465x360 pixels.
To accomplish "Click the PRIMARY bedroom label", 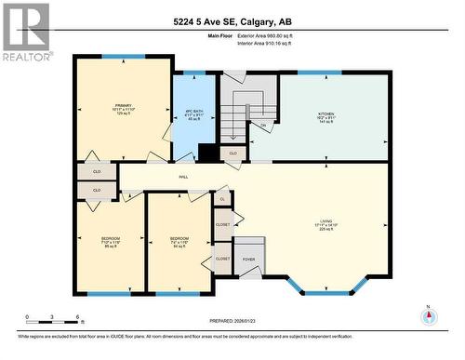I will tap(123, 107).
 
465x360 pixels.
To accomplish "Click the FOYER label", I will tap(249, 260).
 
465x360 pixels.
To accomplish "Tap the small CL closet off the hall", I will tap(221, 199).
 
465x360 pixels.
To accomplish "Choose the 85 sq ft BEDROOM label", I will tap(111, 242).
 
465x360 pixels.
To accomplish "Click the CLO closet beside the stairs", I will tap(233, 153).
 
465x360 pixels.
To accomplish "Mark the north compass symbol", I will tap(429, 314).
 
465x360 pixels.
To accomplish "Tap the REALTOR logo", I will tap(25, 31).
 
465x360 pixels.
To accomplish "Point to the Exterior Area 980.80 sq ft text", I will tap(275, 35).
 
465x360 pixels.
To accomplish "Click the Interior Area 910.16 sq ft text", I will tap(275, 43).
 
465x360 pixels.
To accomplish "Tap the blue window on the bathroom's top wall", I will tap(193, 73).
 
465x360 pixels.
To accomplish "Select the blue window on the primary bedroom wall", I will tap(116, 57).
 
